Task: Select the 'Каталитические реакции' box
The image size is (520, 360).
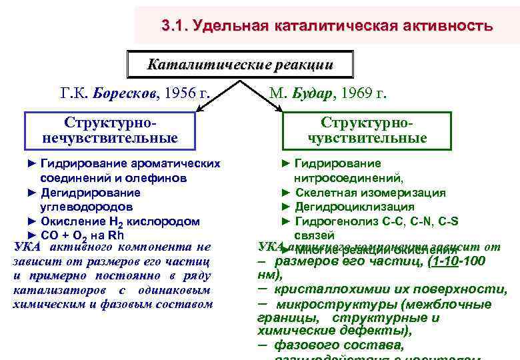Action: tap(239, 65)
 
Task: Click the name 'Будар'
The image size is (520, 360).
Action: tap(313, 93)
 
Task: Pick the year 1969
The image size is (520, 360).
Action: tap(356, 93)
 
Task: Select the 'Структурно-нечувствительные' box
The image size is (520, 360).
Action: tap(110, 130)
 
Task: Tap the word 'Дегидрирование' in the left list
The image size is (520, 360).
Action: tap(91, 193)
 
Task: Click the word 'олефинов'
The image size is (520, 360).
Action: tap(159, 179)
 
